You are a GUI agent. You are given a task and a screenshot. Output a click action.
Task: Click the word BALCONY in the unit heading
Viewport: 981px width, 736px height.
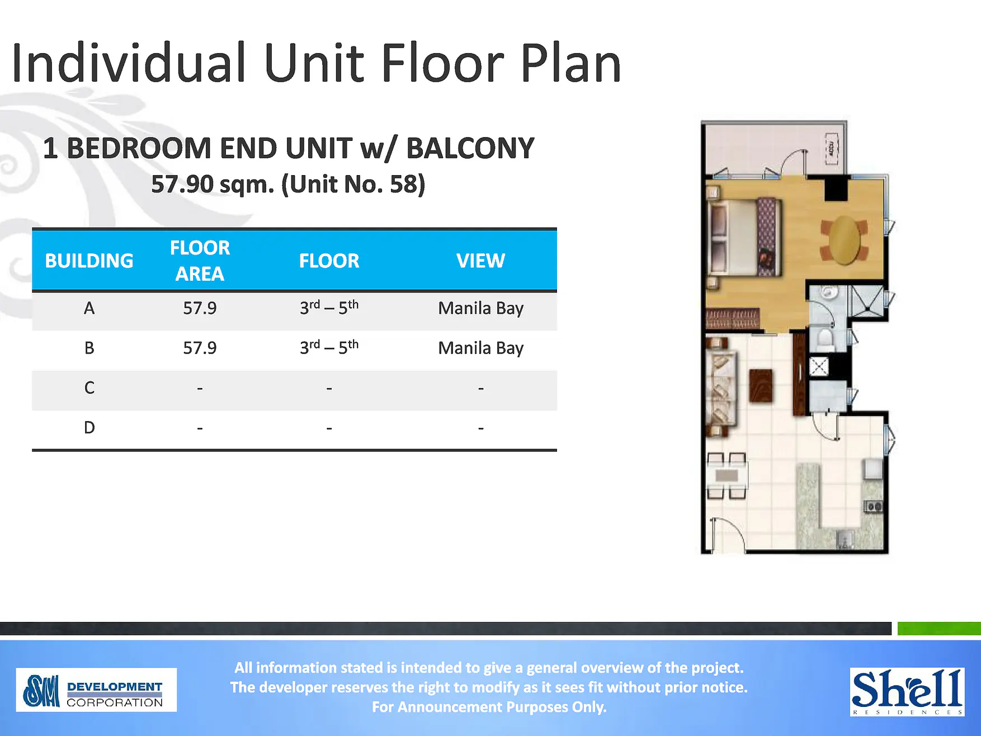click(470, 148)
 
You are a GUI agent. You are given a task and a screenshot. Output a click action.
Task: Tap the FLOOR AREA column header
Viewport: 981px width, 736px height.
click(200, 261)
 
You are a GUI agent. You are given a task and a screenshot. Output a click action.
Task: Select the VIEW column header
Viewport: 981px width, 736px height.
click(480, 261)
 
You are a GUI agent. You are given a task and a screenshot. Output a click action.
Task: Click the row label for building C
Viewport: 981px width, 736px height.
click(89, 388)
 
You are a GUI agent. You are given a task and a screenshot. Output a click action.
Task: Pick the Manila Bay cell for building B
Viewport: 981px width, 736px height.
click(480, 348)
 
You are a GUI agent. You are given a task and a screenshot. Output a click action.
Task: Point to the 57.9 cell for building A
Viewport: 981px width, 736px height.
click(200, 308)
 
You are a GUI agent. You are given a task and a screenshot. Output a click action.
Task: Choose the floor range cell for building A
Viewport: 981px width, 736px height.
click(329, 308)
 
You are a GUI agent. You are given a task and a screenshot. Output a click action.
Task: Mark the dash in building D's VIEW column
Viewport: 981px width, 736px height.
click(480, 428)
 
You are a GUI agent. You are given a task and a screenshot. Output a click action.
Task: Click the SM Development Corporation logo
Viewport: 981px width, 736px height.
click(96, 690)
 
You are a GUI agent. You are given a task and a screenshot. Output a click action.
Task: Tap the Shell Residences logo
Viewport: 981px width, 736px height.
click(907, 692)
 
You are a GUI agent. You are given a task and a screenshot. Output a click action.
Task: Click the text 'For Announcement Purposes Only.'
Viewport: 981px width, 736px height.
click(489, 707)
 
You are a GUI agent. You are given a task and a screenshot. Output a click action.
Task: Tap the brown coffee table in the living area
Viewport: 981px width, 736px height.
click(761, 385)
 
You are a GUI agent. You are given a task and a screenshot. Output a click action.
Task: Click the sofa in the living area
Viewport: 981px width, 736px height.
click(721, 386)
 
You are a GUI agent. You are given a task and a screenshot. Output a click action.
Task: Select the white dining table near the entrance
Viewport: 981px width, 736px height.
click(727, 476)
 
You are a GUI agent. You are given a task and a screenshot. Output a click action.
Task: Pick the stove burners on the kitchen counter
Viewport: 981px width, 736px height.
click(873, 507)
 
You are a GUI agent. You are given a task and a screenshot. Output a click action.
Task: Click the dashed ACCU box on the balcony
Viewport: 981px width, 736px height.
click(832, 149)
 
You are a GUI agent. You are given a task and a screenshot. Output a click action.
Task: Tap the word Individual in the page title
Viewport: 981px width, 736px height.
click(129, 63)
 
